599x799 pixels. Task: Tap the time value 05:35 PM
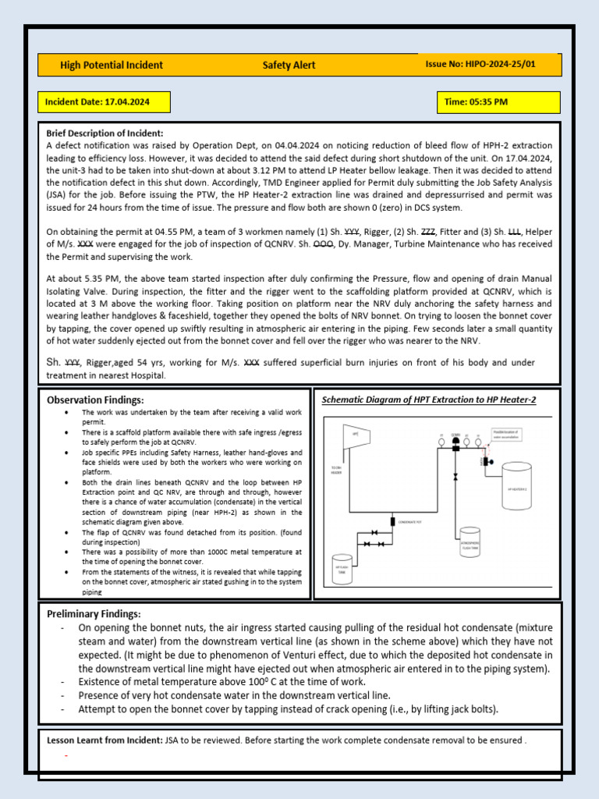coord(486,102)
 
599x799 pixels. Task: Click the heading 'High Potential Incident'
coord(112,66)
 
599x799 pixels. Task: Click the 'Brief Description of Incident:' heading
coord(105,133)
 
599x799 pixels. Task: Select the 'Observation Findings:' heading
coord(95,399)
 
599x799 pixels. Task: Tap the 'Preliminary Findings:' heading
coord(94,614)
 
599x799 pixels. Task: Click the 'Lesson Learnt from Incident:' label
coord(105,740)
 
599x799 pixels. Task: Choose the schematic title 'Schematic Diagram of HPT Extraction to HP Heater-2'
coord(429,399)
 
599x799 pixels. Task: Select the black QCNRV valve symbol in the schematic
coord(455,442)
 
